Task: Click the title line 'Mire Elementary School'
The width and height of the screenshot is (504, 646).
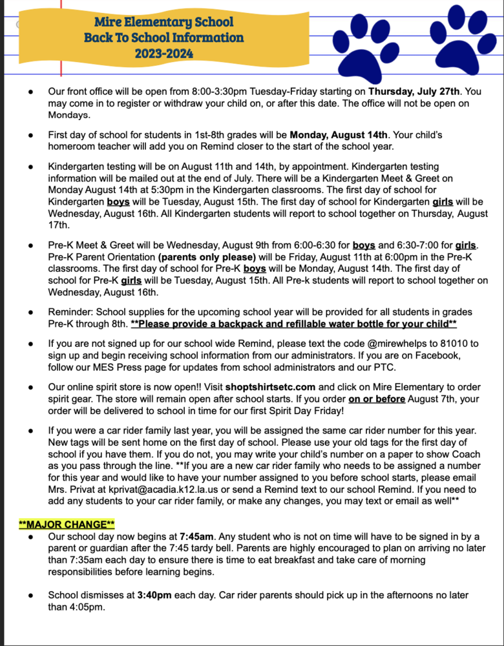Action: (163, 22)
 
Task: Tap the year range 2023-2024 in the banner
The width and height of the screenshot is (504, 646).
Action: (163, 53)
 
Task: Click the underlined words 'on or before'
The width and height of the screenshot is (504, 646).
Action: (377, 399)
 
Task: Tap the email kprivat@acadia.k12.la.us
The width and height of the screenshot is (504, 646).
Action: (160, 489)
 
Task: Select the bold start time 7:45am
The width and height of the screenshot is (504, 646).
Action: (197, 536)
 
